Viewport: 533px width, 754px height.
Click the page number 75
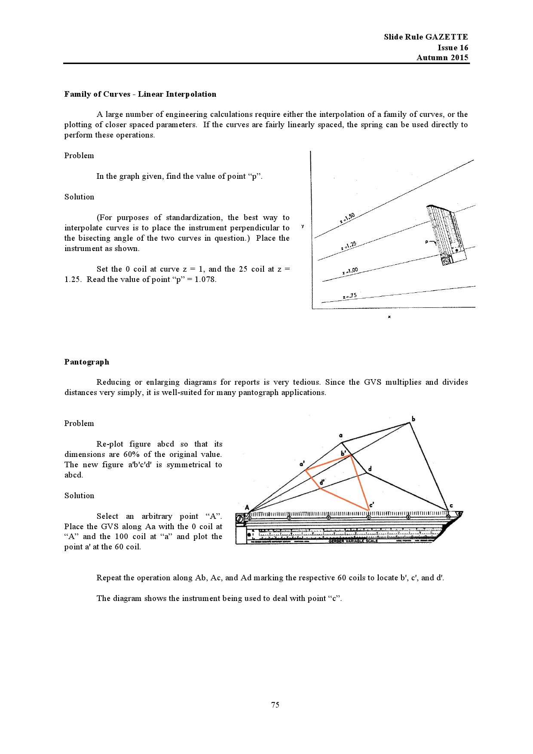click(x=275, y=705)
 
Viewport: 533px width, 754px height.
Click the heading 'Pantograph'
click(x=87, y=362)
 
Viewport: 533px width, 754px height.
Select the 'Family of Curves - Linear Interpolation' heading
click(x=140, y=94)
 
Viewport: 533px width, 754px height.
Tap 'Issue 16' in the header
click(x=453, y=47)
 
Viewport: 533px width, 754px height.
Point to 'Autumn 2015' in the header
click(x=442, y=58)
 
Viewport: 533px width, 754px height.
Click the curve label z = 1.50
click(x=347, y=218)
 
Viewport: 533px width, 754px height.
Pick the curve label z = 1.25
click(x=349, y=246)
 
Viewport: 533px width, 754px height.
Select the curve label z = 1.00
click(x=350, y=271)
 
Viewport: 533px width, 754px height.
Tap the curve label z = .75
click(x=350, y=296)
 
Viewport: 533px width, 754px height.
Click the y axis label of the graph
click(x=303, y=227)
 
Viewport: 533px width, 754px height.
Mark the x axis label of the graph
click(x=389, y=317)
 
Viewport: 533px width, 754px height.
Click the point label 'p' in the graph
click(x=427, y=242)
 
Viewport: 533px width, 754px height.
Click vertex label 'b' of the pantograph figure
click(x=414, y=419)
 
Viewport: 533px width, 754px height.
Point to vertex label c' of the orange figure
click(x=371, y=504)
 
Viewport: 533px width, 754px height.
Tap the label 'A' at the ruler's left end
click(x=247, y=508)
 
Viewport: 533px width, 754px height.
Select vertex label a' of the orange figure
click(x=302, y=464)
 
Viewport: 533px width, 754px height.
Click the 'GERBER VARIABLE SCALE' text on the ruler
click(x=353, y=541)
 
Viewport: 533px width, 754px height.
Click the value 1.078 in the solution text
click(x=205, y=279)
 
